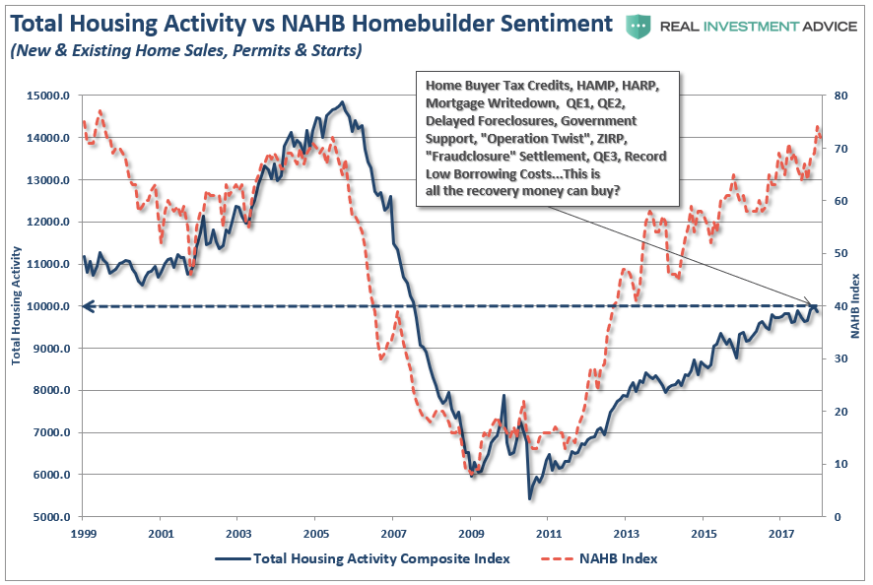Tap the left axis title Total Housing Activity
point(17,307)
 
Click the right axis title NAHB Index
point(855,306)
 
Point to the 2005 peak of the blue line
point(341,102)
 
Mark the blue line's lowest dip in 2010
point(530,500)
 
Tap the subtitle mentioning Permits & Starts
point(184,48)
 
